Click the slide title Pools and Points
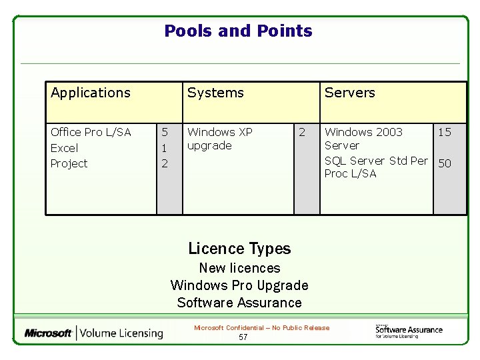click(x=238, y=31)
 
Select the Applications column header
click(x=91, y=93)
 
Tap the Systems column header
click(x=215, y=93)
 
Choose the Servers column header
click(x=349, y=93)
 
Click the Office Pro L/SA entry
click(x=91, y=132)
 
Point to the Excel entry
click(x=64, y=148)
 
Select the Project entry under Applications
click(x=69, y=163)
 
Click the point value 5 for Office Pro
click(x=165, y=132)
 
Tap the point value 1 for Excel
click(x=165, y=148)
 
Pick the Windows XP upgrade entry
click(x=219, y=139)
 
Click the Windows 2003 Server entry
click(x=363, y=139)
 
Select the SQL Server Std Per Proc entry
click(x=375, y=167)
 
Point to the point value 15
click(x=444, y=132)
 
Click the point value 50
click(x=444, y=163)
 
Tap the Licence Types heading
click(x=239, y=249)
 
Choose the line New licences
click(x=239, y=268)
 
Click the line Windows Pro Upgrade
click(x=239, y=285)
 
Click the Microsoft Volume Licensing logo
click(x=93, y=333)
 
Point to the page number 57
click(x=243, y=337)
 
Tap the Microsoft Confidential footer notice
click(x=261, y=327)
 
